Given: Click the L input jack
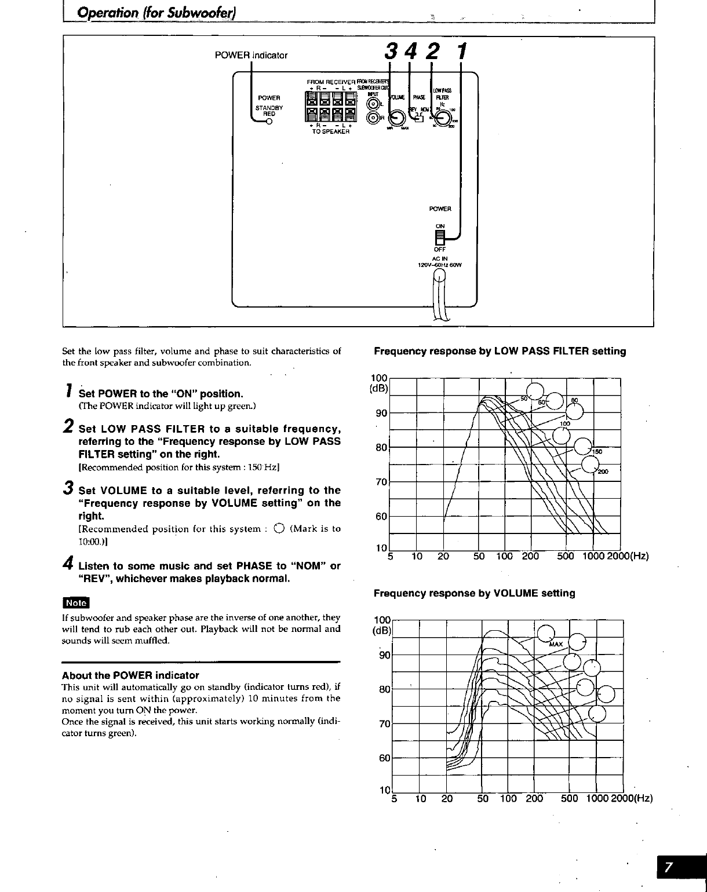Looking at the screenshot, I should (373, 104).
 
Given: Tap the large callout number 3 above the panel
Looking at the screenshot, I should (390, 53).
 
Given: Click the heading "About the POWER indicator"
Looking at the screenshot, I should (130, 675).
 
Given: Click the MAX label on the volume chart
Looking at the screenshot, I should (555, 644).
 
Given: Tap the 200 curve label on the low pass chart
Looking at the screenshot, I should (603, 471).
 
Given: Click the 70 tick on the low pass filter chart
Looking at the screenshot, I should (381, 482).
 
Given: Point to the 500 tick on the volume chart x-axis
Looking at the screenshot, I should (569, 799).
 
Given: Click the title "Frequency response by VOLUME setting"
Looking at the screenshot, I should (474, 593).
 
